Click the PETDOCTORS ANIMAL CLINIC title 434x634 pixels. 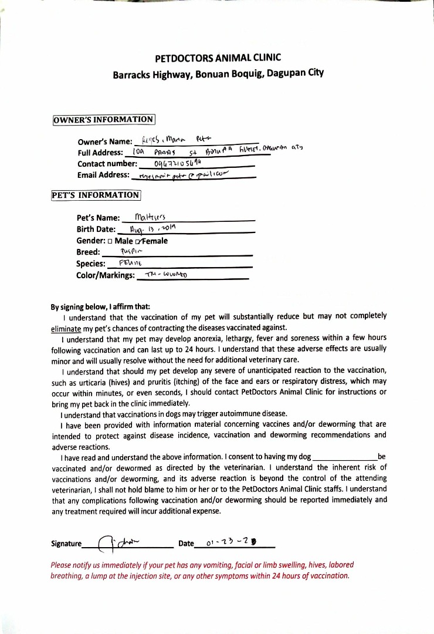click(218, 58)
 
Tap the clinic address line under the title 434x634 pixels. click(218, 75)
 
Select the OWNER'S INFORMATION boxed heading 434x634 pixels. click(103, 120)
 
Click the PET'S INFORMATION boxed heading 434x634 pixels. click(96, 195)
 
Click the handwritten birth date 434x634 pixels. click(152, 228)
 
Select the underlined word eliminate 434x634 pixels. click(66, 327)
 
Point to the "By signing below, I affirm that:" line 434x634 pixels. click(100, 306)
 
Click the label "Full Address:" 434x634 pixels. click(100, 153)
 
